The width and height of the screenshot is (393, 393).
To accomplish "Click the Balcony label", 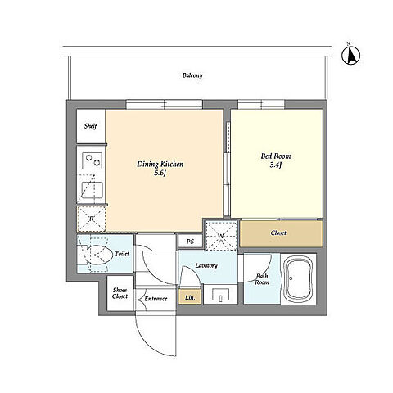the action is coord(192,75).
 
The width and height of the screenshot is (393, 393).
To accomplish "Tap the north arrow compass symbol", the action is coord(350,56).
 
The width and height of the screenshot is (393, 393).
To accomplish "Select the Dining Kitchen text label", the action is coord(160,164).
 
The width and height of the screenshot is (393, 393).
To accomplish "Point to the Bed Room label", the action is coord(276,156).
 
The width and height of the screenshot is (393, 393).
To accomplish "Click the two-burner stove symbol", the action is coord(93,160).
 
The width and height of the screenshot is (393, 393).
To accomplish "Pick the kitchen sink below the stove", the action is coord(93,190).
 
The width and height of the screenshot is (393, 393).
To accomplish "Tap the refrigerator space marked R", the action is coord(92,219).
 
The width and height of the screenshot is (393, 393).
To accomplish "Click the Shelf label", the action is coord(91,126).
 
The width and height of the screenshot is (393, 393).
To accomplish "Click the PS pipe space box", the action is coord(191,242).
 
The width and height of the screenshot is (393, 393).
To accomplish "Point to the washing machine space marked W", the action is coord(221,236).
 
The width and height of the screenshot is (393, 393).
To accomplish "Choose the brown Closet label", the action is coord(278,233).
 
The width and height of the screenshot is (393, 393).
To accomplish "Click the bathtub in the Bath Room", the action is coord(298,278).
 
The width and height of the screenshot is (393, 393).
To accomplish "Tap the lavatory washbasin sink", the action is coord(221,295).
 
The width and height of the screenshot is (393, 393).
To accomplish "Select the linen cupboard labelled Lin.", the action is coord(190,296).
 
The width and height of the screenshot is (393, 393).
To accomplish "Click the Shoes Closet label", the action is coord(120,293).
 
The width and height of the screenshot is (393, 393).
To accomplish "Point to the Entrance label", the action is coord(156,299).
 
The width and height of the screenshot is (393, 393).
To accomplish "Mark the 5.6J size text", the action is coord(160,173).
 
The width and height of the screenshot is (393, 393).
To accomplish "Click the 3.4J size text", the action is coord(276,165).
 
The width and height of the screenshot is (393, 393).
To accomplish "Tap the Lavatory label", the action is coord(206,265).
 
